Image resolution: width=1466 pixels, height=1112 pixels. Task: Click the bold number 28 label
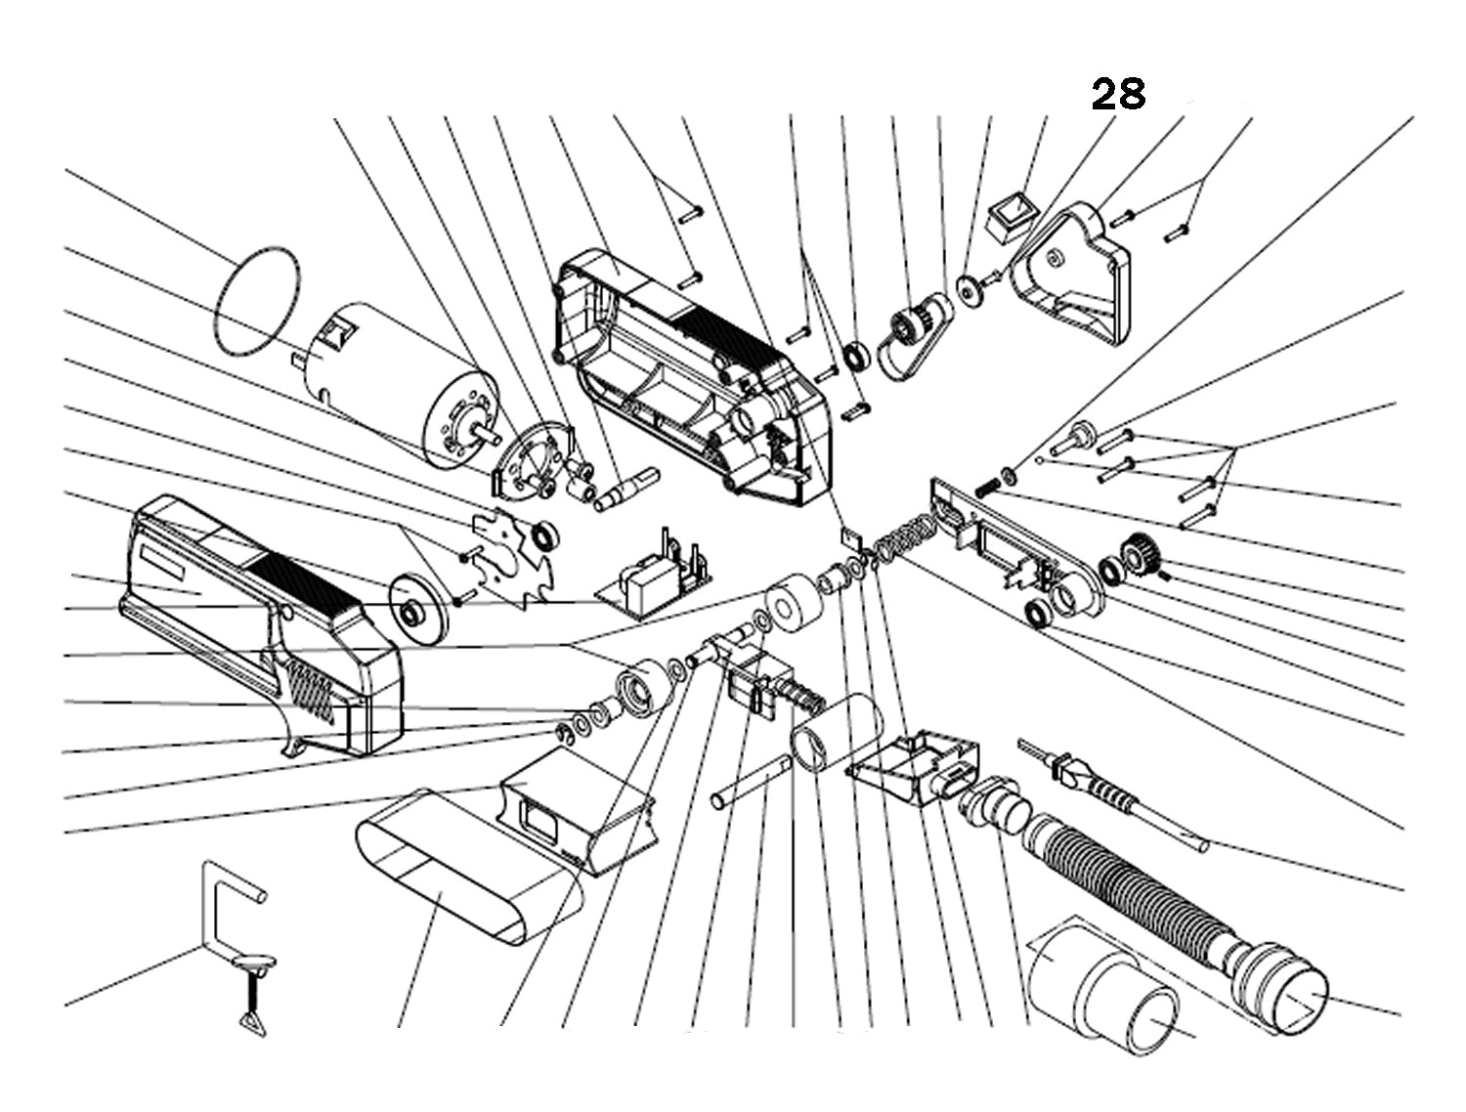1117,94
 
